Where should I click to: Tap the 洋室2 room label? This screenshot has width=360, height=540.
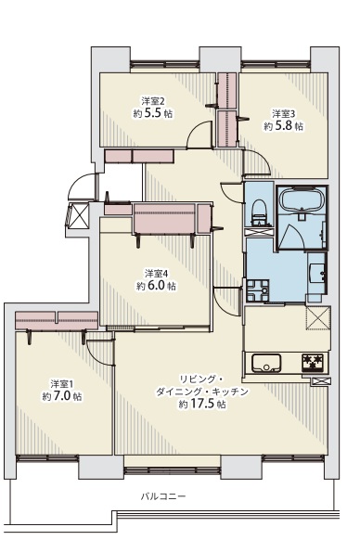pos(153,101)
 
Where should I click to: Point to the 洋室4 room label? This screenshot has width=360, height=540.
pos(157,274)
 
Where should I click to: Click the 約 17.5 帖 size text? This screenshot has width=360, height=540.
pos(202,404)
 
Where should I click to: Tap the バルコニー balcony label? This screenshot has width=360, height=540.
pos(163,496)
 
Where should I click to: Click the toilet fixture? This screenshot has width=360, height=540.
pos(259,212)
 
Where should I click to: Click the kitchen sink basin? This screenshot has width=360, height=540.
pos(266,363)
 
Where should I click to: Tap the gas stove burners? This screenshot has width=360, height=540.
pos(314,363)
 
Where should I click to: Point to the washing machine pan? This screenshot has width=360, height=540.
pos(257,291)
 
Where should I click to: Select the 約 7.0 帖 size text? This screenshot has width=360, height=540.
pos(62,396)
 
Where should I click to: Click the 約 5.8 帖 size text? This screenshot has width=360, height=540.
pos(284,126)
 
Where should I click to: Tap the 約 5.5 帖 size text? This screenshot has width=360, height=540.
pos(153,113)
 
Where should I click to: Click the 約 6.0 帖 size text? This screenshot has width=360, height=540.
pos(157,286)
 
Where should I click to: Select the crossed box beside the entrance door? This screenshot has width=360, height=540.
pos(79,215)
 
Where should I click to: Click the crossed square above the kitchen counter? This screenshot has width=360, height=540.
pos(318,318)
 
